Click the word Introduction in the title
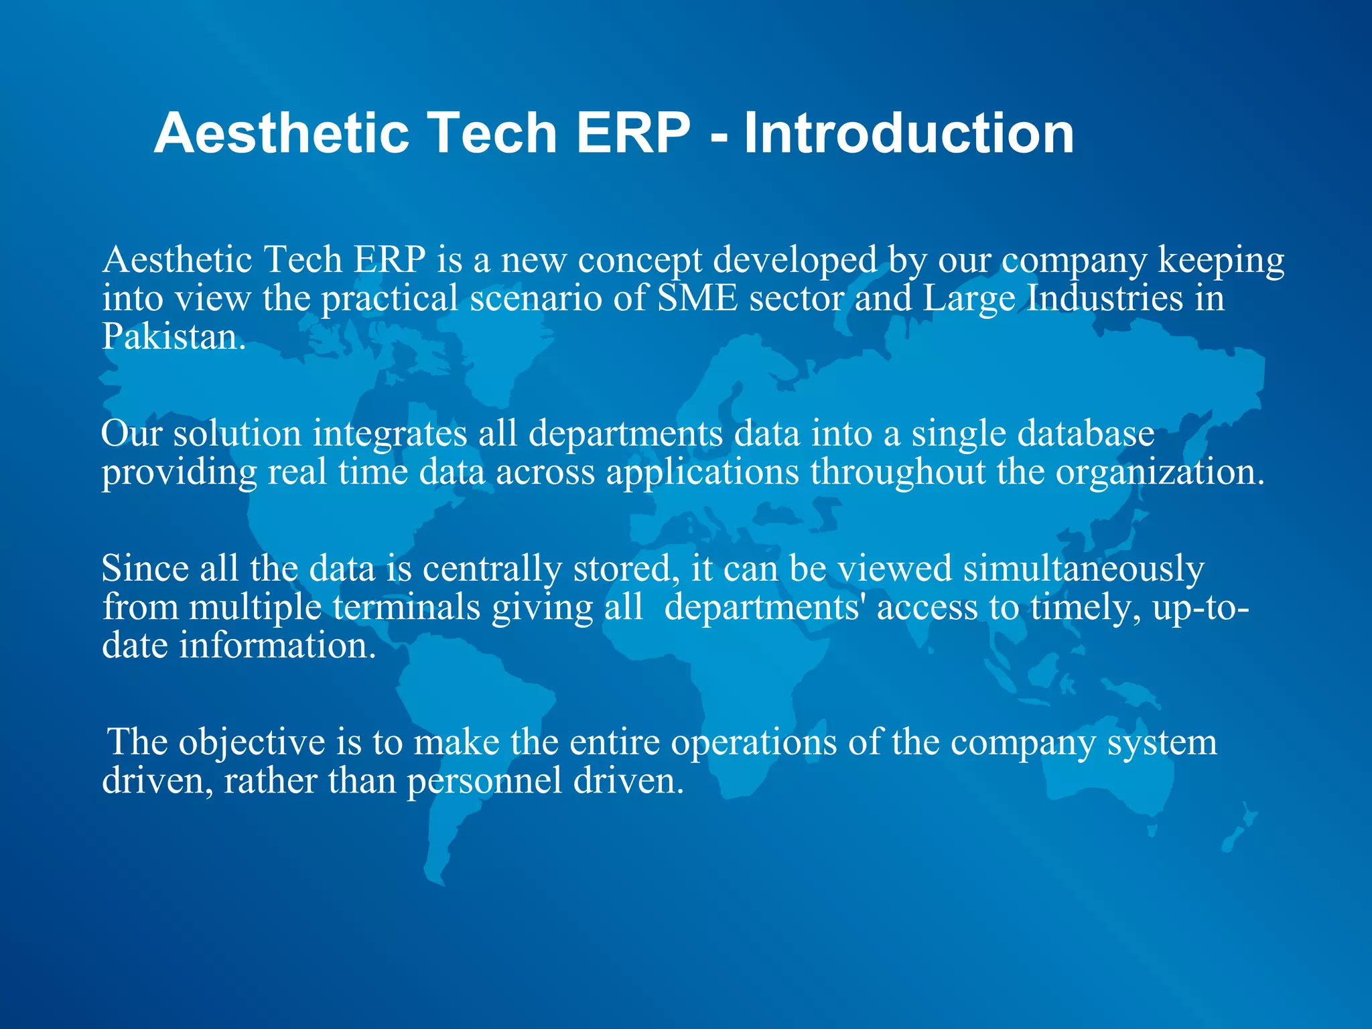tap(909, 133)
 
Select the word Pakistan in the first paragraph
tap(173, 337)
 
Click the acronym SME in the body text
tap(697, 298)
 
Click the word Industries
tap(1105, 298)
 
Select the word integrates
tap(390, 434)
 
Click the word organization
tap(1160, 473)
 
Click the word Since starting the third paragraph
tap(145, 569)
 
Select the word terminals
tap(406, 608)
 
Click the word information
tap(277, 646)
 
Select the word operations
tap(754, 743)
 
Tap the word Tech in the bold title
tap(492, 133)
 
